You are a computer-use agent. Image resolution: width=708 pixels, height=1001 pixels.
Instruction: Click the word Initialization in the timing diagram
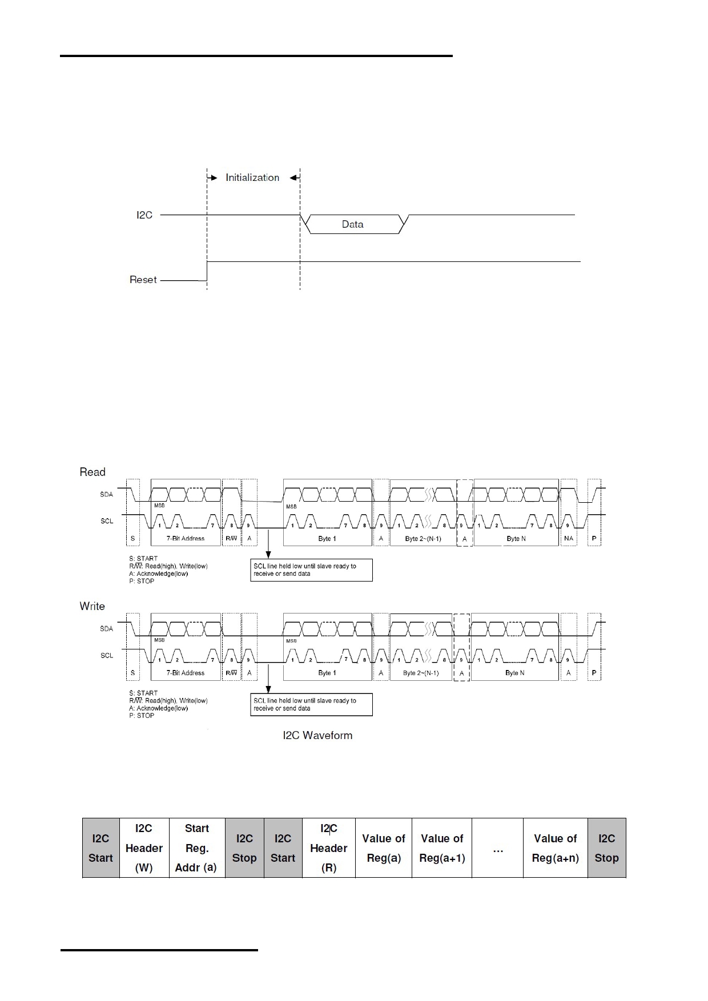[x=252, y=177]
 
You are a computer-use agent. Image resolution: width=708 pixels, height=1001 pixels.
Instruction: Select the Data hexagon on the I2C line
[x=353, y=224]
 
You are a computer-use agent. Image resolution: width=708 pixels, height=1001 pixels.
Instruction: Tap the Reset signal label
[x=143, y=280]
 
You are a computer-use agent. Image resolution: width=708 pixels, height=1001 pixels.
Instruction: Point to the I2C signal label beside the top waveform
[x=144, y=215]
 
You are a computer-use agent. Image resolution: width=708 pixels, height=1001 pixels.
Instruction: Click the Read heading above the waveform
[x=92, y=472]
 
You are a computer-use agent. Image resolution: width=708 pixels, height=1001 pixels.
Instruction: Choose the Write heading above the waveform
[x=92, y=606]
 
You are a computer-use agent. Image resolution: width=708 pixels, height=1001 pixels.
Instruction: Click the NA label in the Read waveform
[x=569, y=538]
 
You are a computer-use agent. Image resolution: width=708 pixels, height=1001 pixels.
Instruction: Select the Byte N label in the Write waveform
[x=514, y=673]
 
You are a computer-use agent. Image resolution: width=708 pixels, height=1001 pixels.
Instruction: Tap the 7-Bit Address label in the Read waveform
[x=186, y=538]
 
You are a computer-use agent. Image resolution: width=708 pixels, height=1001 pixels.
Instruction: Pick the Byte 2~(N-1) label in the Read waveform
[x=423, y=538]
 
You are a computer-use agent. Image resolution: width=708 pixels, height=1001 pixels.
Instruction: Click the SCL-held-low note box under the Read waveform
[x=311, y=570]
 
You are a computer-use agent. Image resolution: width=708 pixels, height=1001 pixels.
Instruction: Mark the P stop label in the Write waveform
[x=594, y=673]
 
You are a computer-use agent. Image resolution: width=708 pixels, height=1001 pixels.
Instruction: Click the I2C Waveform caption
[x=317, y=736]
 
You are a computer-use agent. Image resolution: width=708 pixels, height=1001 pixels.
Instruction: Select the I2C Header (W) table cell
[x=144, y=848]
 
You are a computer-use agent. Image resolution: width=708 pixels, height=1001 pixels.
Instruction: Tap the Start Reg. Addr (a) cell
[x=196, y=848]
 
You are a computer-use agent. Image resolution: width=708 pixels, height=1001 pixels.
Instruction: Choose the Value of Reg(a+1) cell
[x=442, y=848]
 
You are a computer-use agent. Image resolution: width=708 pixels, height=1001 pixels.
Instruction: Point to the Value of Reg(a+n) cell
[x=555, y=848]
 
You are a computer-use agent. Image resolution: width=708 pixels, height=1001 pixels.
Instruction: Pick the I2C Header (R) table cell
[x=328, y=848]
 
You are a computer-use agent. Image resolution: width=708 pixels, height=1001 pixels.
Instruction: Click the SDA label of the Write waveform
[x=107, y=628]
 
